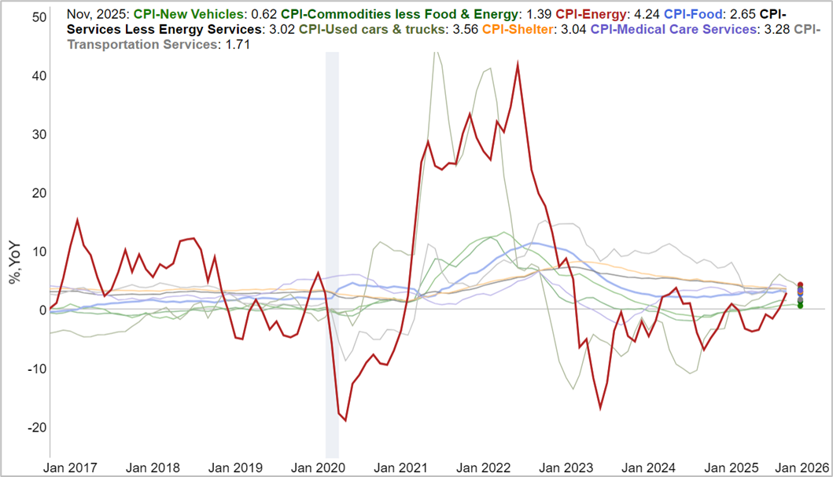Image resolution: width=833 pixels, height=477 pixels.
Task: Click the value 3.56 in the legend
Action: (x=464, y=30)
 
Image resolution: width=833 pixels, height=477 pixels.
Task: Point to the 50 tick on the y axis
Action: (x=38, y=17)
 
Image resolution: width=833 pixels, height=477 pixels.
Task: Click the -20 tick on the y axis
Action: (x=35, y=427)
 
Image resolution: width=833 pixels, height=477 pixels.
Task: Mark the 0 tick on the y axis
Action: (x=41, y=310)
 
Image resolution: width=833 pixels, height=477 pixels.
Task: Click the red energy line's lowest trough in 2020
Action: (x=345, y=420)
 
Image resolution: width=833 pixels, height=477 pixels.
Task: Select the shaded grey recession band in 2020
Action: (x=332, y=251)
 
